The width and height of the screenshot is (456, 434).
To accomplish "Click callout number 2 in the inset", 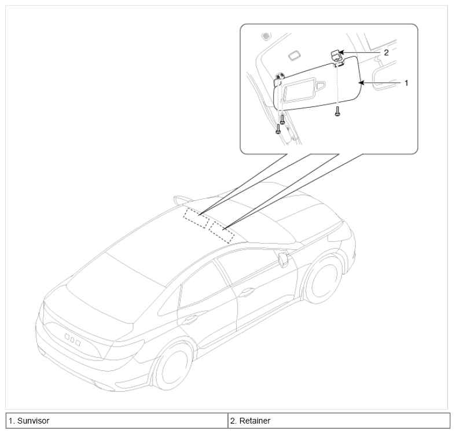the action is pyautogui.click(x=386, y=53).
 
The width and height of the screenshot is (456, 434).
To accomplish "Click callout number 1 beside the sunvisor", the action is pyautogui.click(x=406, y=83).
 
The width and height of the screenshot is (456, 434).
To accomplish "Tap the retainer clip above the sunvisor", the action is pyautogui.click(x=336, y=56).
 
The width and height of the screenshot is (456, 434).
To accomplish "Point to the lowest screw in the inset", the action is pyautogui.click(x=278, y=129).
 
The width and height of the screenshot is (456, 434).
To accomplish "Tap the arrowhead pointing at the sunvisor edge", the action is pyautogui.click(x=361, y=83).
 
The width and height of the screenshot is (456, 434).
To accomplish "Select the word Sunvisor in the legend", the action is pyautogui.click(x=33, y=421).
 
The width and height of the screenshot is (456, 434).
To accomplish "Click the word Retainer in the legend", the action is pyautogui.click(x=255, y=421).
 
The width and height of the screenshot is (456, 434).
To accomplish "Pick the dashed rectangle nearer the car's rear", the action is pyautogui.click(x=196, y=218).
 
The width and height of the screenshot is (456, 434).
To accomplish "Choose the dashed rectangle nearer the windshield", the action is pyautogui.click(x=222, y=232).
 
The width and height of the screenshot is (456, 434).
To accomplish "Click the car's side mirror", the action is pyautogui.click(x=283, y=259).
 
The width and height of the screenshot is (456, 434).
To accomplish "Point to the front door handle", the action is pyautogui.click(x=247, y=292).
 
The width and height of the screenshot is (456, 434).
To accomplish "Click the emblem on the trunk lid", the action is pyautogui.click(x=72, y=340).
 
